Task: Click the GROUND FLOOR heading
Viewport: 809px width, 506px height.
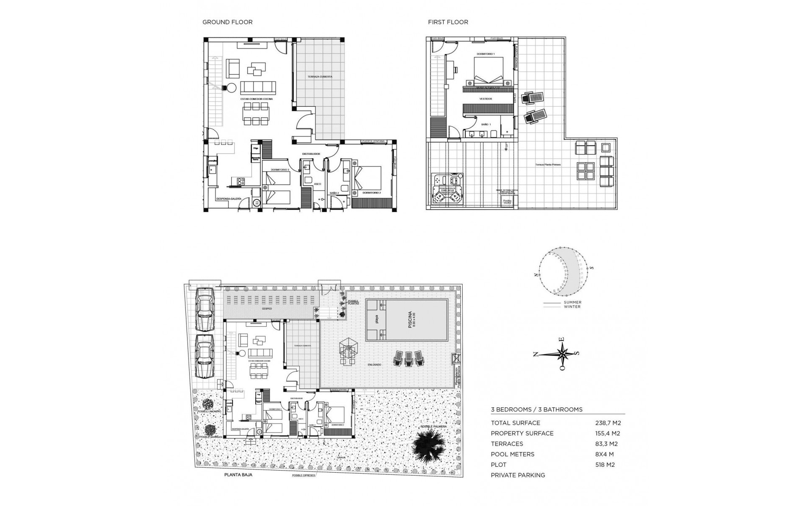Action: pos(228,22)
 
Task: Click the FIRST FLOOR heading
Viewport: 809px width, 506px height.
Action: pos(448,22)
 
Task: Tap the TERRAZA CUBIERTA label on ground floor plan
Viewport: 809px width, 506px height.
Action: pos(320,77)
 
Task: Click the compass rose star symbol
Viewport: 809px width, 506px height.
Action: pos(563,353)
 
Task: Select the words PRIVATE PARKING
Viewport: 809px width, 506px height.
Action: pos(518,475)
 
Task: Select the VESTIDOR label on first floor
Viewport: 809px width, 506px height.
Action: pos(485,99)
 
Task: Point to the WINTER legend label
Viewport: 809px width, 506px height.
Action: pos(572,307)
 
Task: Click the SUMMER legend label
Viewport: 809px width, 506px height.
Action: pos(572,302)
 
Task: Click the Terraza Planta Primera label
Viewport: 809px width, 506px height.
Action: pos(548,165)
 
